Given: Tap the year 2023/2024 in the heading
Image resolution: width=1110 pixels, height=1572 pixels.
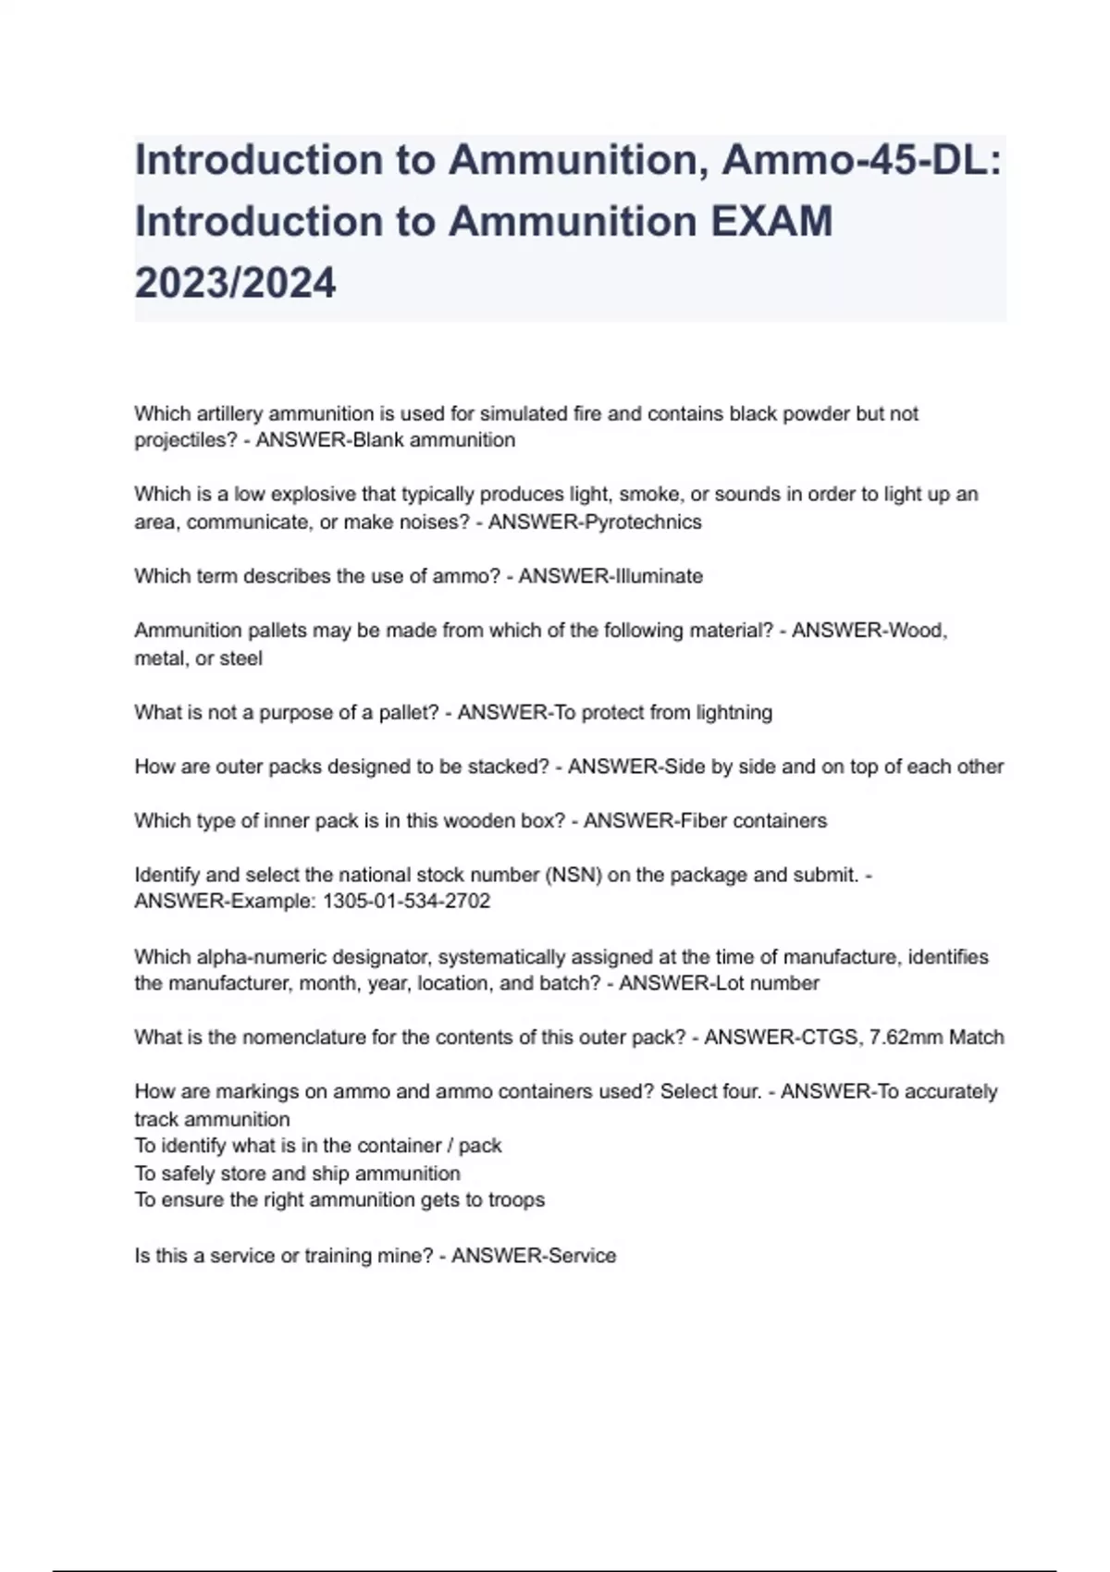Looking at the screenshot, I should click(x=235, y=283).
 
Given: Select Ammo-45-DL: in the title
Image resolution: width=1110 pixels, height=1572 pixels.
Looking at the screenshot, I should click(x=861, y=160).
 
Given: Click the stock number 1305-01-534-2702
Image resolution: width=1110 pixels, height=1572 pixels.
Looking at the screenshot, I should click(x=406, y=902).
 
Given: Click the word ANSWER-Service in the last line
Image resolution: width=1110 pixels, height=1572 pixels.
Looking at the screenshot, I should click(x=534, y=1256).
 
